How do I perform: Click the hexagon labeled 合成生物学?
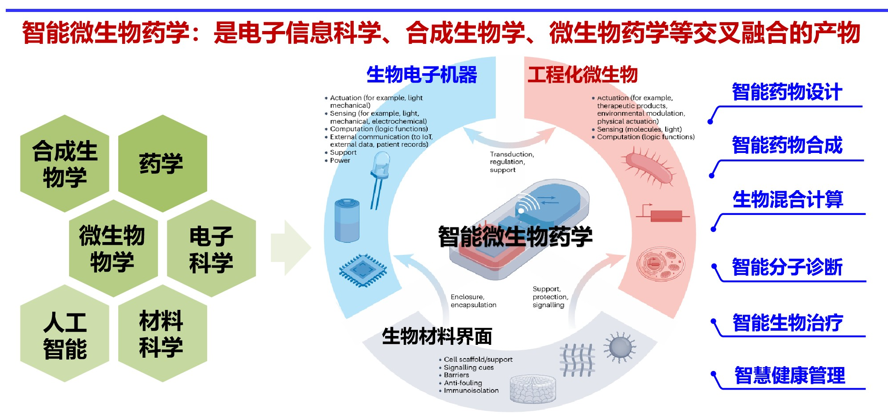[65, 164]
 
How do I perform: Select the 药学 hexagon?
[162, 164]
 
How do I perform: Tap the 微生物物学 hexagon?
[113, 248]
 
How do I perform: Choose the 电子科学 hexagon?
[211, 248]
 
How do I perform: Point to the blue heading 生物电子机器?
[421, 74]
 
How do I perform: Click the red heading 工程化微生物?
[582, 74]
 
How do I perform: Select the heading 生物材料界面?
[437, 336]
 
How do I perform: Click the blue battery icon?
[347, 220]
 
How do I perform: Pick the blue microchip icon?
[363, 270]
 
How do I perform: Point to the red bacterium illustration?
[649, 168]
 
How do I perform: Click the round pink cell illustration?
[660, 265]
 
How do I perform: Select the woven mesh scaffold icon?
[577, 360]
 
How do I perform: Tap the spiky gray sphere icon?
[620, 348]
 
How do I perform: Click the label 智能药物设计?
[787, 93]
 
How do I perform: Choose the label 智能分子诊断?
[787, 267]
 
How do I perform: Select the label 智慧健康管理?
[789, 376]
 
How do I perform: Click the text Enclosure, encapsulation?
[473, 301]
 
